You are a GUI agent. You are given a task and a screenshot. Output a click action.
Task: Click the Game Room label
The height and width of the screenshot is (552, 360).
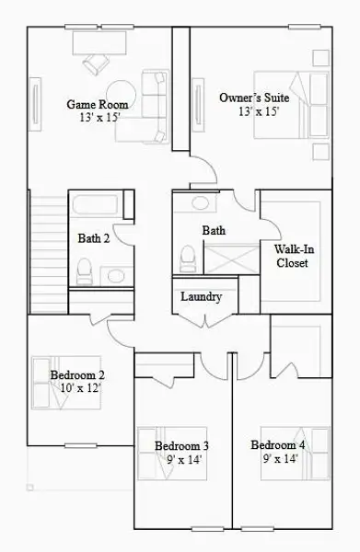click(x=97, y=105)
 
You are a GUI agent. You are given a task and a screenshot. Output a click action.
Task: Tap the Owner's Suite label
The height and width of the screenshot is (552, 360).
click(x=249, y=98)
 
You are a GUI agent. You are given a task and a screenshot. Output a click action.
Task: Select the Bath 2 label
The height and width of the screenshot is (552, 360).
click(x=94, y=238)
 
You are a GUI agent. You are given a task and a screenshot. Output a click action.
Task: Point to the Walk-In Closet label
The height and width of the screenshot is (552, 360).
click(x=292, y=256)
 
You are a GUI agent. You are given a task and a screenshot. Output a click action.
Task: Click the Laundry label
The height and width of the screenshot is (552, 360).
click(x=201, y=297)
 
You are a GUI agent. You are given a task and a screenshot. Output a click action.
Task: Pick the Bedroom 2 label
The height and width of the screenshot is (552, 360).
click(x=76, y=375)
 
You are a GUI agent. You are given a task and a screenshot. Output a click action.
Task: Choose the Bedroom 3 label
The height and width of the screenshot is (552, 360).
click(x=181, y=446)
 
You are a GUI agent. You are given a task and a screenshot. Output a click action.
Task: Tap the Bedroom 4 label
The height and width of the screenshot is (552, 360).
click(x=277, y=446)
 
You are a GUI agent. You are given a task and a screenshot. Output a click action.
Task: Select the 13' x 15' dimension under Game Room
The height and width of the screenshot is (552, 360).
click(x=97, y=118)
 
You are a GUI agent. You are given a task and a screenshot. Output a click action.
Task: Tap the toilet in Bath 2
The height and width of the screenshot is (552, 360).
click(x=84, y=269)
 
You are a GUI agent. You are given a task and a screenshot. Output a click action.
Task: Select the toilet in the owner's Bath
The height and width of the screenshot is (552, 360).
click(x=186, y=257)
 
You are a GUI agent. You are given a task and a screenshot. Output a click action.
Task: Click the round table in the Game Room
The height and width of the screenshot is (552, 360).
click(x=126, y=94)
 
